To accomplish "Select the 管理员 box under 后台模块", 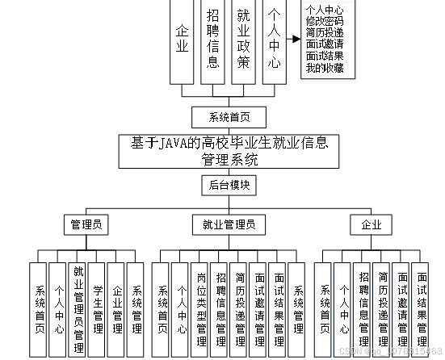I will (86, 224).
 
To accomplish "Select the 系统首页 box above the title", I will (229, 117).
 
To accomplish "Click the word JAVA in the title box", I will (172, 144).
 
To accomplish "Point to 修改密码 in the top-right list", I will (323, 21).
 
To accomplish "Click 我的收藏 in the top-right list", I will (323, 68).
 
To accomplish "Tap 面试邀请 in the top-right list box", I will (323, 45).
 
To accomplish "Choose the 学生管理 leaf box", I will (97, 308).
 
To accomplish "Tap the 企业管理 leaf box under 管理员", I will (116, 308).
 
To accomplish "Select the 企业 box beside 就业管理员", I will (371, 224).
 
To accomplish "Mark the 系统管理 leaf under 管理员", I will (136, 308).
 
